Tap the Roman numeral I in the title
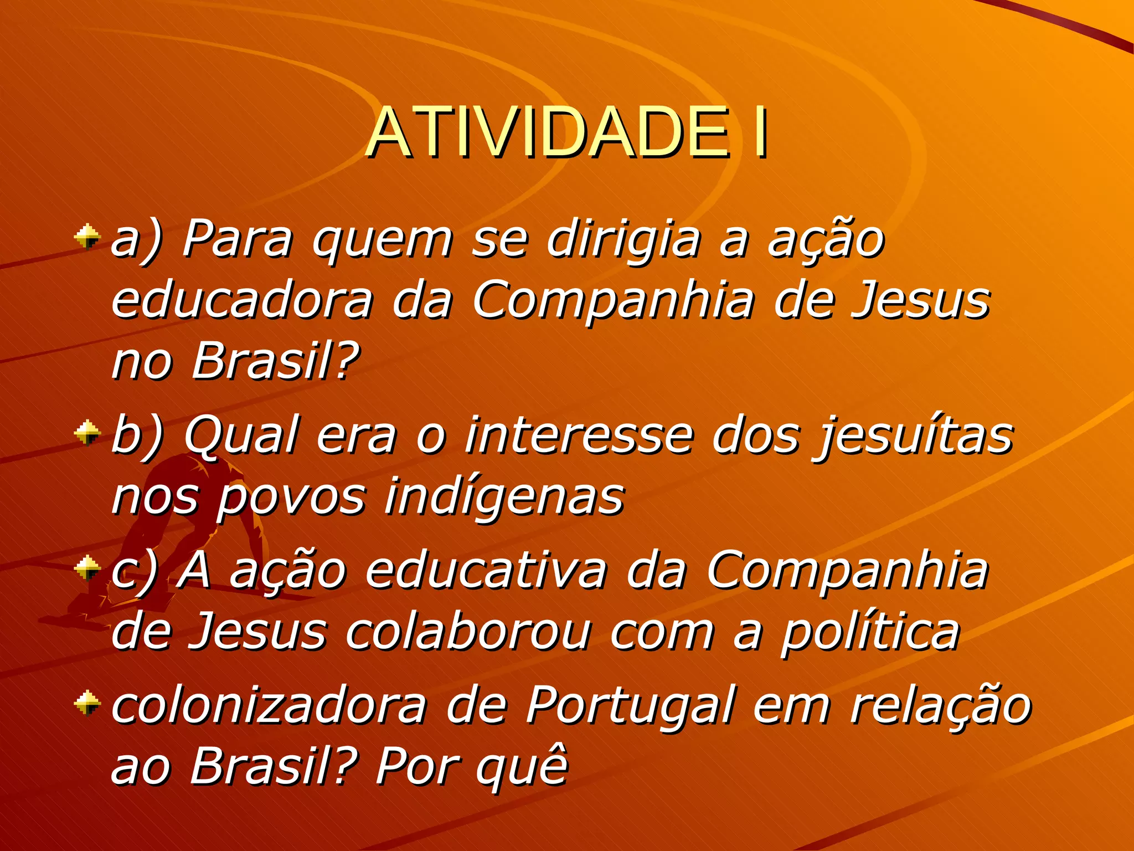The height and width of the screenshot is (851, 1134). [x=761, y=133]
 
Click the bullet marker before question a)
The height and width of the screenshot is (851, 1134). [x=87, y=237]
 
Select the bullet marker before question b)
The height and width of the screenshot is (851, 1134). [x=87, y=432]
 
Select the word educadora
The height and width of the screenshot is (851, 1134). [x=243, y=300]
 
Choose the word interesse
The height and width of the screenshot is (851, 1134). [x=579, y=435]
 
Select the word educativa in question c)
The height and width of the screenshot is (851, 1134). [x=486, y=571]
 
